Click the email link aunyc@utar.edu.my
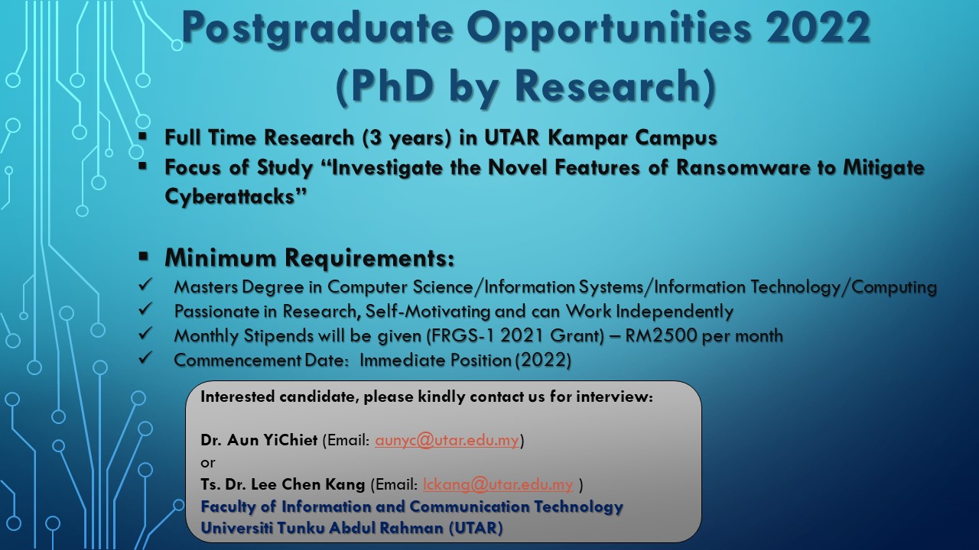(447, 440)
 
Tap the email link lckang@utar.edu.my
(498, 484)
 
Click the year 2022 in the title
(818, 27)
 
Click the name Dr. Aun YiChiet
(259, 440)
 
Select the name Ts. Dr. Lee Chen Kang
(283, 484)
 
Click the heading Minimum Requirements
(310, 257)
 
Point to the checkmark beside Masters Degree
(145, 285)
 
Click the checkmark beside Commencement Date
(145, 358)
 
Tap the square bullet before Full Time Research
(142, 136)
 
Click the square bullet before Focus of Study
(142, 167)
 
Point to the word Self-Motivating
(428, 311)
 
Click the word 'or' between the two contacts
(207, 463)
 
